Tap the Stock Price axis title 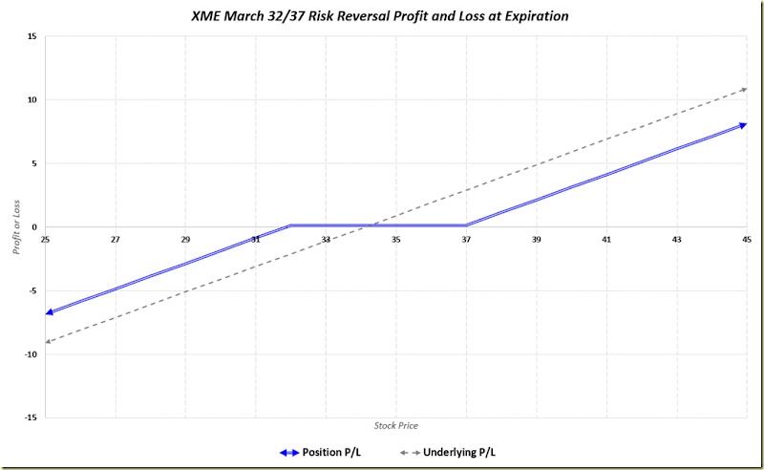395,425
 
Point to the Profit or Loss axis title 16,227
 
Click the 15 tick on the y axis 32,36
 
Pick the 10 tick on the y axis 32,99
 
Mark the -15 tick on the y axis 31,417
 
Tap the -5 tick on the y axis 32,290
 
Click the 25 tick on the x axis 45,239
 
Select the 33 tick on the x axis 326,239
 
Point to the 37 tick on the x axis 466,239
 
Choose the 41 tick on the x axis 606,239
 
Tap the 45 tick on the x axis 747,239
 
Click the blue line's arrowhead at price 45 743,125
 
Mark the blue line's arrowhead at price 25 50,311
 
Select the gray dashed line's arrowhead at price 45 743,90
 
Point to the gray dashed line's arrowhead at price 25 49,340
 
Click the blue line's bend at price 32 290,225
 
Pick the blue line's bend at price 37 466,225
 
